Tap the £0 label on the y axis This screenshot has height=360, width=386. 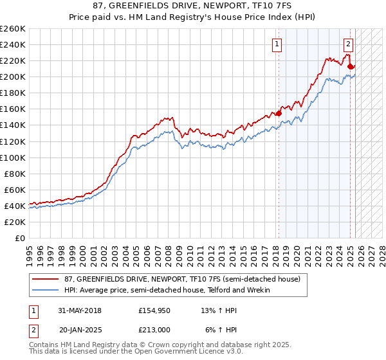click(20, 238)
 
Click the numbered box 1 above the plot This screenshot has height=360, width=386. click(277, 44)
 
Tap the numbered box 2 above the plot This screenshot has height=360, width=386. click(347, 44)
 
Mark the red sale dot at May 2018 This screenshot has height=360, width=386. click(279, 113)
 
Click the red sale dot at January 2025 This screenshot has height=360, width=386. click(350, 66)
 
